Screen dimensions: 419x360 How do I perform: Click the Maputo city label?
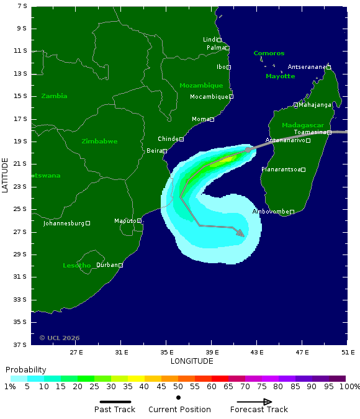[125, 221]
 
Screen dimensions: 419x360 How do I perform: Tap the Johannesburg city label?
[63, 223]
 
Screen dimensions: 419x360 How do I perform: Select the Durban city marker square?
[120, 265]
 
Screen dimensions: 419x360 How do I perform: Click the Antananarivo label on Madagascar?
[285, 140]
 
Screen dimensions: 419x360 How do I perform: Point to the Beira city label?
[153, 151]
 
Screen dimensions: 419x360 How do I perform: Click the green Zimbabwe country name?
[99, 142]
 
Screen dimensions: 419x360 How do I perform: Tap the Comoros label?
[269, 53]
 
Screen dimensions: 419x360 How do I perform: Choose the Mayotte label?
[280, 76]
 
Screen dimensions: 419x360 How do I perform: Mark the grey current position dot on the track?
[248, 150]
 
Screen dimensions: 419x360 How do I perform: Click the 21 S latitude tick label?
[22, 164]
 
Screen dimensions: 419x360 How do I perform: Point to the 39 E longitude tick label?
[211, 352]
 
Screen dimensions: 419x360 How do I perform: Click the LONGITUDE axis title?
[192, 361]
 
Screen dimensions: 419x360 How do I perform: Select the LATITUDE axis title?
[6, 175]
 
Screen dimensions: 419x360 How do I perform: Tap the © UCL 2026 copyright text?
[60, 338]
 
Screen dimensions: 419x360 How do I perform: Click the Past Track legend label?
[115, 410]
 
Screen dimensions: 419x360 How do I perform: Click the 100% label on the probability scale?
[349, 387]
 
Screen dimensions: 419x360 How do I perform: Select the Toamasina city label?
[310, 132]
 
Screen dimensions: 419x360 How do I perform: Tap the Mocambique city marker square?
[231, 96]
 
